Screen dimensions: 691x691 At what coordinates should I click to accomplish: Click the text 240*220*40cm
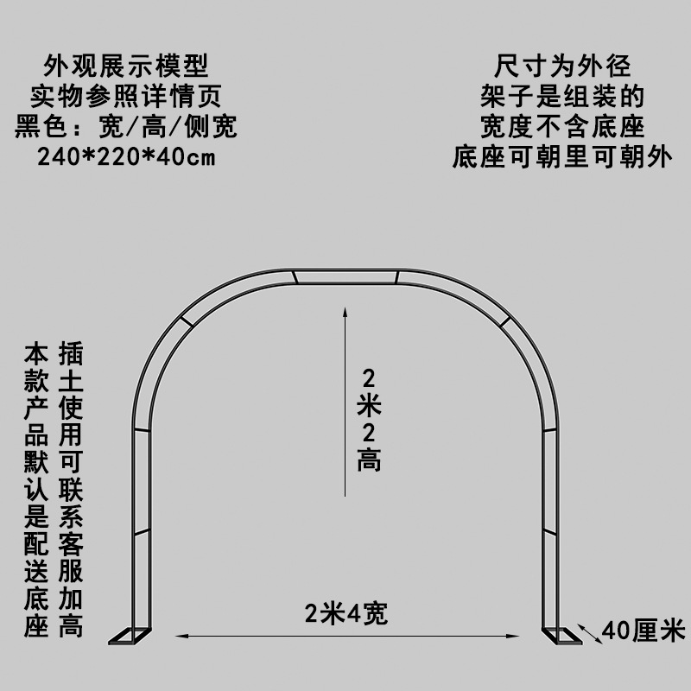(126, 159)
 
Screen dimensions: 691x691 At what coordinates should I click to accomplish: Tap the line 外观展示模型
(126, 65)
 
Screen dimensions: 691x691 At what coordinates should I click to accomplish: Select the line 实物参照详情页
(126, 96)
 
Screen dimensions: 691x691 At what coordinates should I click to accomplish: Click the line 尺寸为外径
(562, 65)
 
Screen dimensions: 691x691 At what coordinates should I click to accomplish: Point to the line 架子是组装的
(562, 96)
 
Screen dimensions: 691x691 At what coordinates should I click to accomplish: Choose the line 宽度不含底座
(562, 128)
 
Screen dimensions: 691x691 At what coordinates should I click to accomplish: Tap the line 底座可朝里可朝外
(562, 159)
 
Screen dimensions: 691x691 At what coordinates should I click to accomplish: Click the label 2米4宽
(345, 614)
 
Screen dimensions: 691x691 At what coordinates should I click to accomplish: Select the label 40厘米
(643, 630)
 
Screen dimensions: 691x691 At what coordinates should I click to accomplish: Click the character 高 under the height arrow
(370, 460)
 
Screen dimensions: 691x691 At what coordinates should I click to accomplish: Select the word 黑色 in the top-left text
(43, 128)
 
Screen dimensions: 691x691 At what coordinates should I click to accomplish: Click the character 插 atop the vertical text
(71, 354)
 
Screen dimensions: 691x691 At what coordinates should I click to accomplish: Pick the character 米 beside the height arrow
(370, 404)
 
